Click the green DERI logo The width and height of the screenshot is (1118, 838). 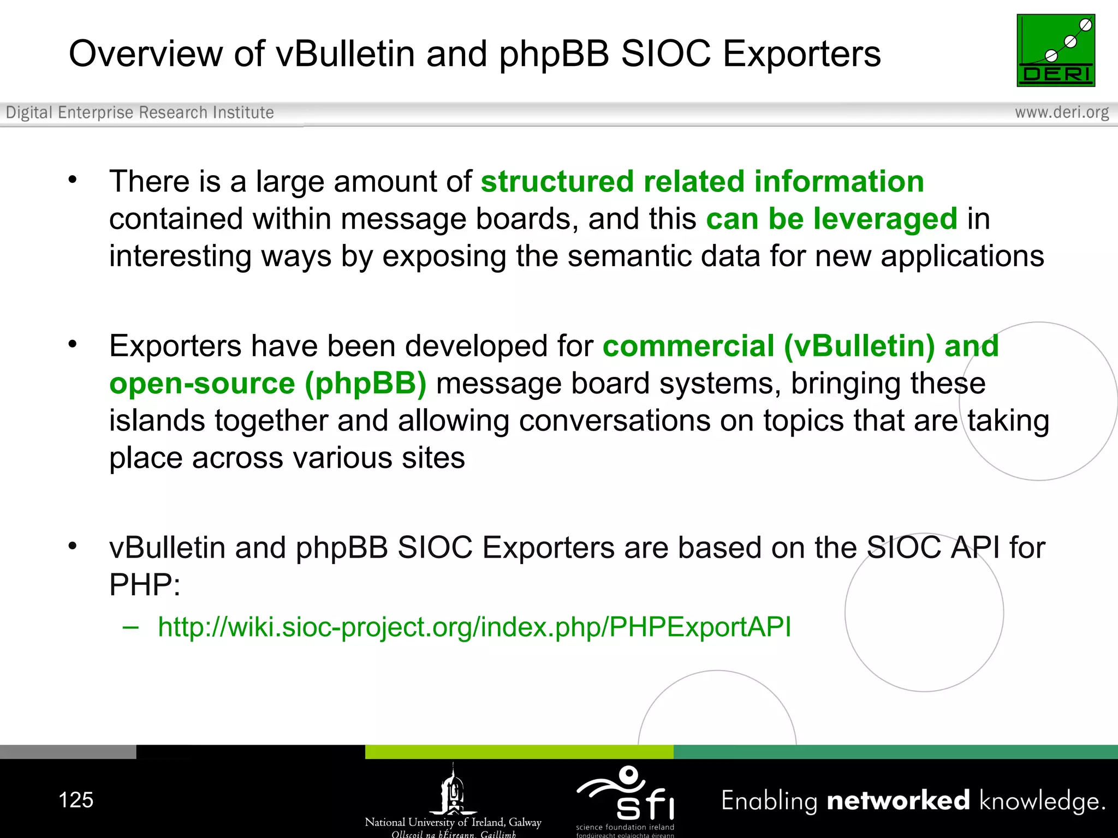[1056, 50]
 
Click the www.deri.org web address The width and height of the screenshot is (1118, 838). [1062, 112]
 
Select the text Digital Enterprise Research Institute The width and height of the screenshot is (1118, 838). [140, 112]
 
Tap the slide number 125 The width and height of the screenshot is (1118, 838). [76, 800]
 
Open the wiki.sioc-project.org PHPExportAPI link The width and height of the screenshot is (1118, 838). [474, 627]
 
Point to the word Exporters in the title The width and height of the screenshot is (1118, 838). [802, 54]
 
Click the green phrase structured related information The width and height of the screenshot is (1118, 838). [702, 182]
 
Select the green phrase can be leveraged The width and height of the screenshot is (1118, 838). [831, 219]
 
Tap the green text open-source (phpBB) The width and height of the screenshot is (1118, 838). [268, 384]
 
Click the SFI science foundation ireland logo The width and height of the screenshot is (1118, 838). [626, 799]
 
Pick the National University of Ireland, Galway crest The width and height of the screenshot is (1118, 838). [453, 791]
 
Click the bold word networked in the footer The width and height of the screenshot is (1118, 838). [898, 800]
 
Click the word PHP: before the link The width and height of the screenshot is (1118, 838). [145, 585]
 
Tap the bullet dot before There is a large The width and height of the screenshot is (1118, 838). [73, 179]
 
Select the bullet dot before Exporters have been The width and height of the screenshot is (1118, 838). [73, 344]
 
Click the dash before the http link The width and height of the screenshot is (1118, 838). [130, 627]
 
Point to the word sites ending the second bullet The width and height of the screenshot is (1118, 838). [433, 458]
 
